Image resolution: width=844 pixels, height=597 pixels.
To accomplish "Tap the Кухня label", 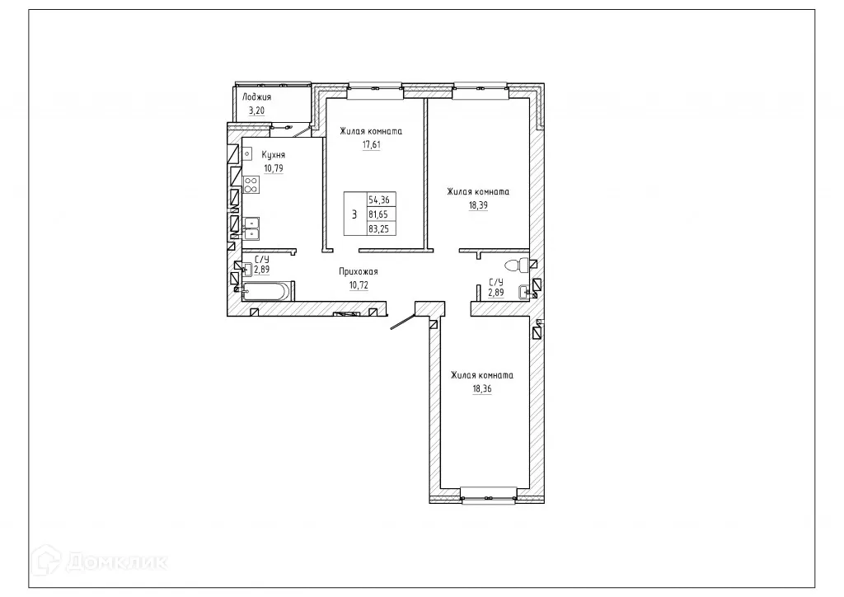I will click(274, 155).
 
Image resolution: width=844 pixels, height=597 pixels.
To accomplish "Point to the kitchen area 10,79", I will click(274, 169).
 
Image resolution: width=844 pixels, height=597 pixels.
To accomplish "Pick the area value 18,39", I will click(478, 205).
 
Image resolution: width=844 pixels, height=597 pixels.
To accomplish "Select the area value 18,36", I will click(482, 389).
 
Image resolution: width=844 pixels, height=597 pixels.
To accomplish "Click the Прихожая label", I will click(358, 270).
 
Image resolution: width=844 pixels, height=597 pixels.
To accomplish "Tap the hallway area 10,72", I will click(358, 284).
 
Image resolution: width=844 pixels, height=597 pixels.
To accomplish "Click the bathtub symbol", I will click(266, 289).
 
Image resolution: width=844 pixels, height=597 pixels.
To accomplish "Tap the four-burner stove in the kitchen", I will click(251, 185).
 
